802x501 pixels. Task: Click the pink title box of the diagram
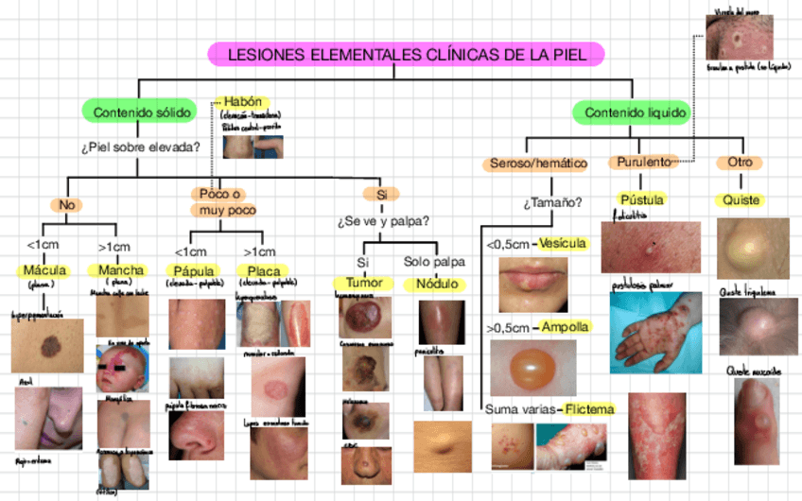pyautogui.click(x=408, y=55)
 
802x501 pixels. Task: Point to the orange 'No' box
pyautogui.click(x=65, y=204)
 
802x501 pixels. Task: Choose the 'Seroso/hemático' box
pyautogui.click(x=538, y=164)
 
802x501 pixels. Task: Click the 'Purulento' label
pyautogui.click(x=643, y=163)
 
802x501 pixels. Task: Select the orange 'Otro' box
pyautogui.click(x=740, y=163)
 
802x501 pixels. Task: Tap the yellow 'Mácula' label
pyautogui.click(x=44, y=270)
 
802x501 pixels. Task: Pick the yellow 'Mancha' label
pyautogui.click(x=121, y=270)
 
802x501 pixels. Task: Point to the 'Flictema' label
pyautogui.click(x=589, y=409)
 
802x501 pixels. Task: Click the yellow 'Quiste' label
pyautogui.click(x=741, y=200)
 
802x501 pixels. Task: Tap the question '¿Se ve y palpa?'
pyautogui.click(x=382, y=223)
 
